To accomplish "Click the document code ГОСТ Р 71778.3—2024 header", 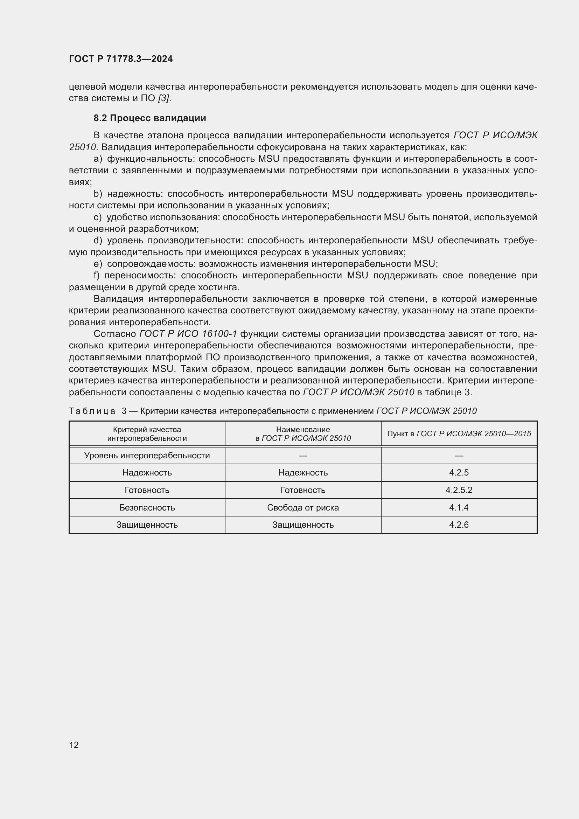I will (x=120, y=59).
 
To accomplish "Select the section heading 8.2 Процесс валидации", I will (x=150, y=118).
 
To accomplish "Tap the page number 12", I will (x=74, y=745).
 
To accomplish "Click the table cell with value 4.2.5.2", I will (x=459, y=490).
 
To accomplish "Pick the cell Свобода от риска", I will (x=303, y=508).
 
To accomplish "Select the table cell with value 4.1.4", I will (x=459, y=508).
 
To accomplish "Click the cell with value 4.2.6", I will (x=459, y=525).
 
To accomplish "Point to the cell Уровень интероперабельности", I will (x=147, y=456).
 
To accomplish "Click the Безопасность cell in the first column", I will (x=147, y=508).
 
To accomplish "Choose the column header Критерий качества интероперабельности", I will (x=147, y=434).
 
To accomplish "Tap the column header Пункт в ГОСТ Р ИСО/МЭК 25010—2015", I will (x=459, y=434).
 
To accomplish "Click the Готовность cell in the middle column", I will (x=303, y=490).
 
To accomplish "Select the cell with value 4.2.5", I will (x=459, y=473).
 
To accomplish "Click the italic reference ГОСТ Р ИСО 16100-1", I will (x=188, y=334).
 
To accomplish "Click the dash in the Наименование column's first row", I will (x=303, y=456).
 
